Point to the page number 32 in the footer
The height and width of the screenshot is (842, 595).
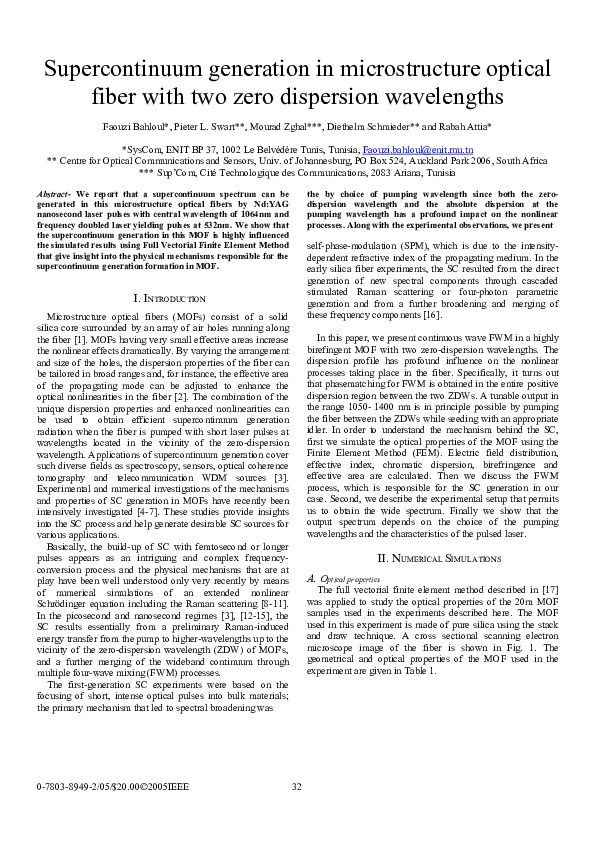[x=297, y=787]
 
